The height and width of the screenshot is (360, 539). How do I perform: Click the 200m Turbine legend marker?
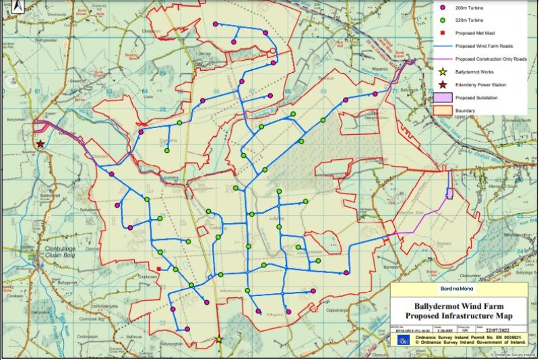(442, 7)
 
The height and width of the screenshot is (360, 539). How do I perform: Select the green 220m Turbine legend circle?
(442, 20)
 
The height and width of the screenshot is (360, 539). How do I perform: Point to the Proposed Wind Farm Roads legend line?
(442, 46)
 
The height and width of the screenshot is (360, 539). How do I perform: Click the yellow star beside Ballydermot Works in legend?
(442, 71)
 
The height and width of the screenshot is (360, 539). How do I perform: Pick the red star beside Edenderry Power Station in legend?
(442, 84)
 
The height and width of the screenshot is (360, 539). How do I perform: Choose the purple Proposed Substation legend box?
(442, 98)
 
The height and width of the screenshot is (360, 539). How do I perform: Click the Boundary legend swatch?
(442, 110)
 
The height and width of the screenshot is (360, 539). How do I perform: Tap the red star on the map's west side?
(40, 144)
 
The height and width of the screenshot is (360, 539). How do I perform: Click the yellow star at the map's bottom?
(218, 339)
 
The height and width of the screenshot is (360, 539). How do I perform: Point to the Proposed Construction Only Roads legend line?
(442, 59)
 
